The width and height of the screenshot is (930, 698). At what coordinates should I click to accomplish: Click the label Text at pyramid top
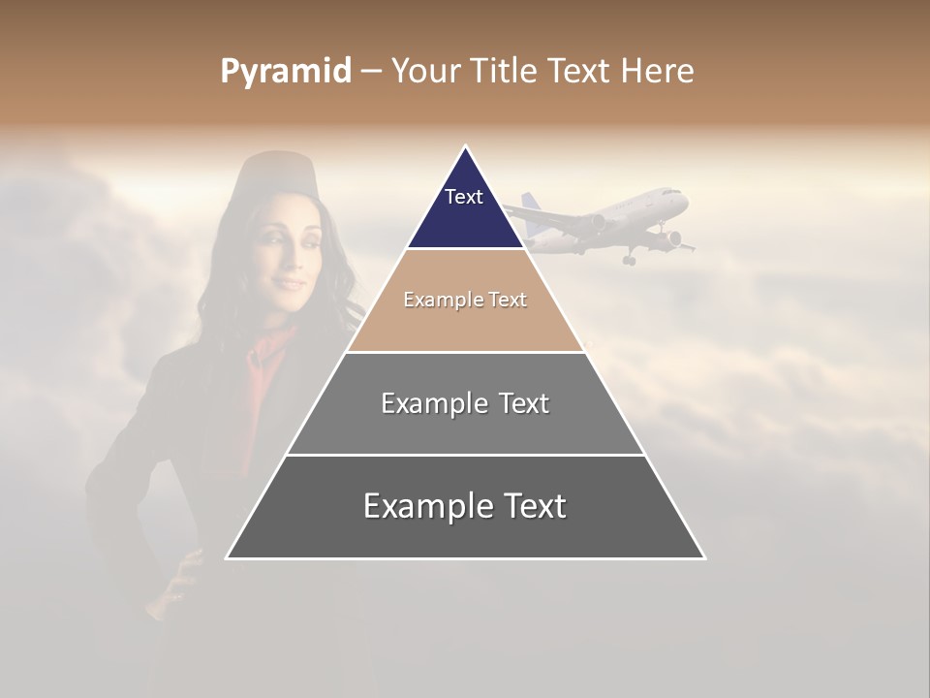coord(463,197)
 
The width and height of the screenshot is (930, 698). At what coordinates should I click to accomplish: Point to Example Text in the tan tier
coord(465,300)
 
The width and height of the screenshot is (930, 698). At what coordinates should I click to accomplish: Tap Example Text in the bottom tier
coord(465,506)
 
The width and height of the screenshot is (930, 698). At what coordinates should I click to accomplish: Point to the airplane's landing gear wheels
coord(628,259)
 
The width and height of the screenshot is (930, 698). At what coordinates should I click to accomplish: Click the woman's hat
coord(270,168)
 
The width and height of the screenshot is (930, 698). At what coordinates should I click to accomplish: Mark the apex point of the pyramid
coord(466,147)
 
